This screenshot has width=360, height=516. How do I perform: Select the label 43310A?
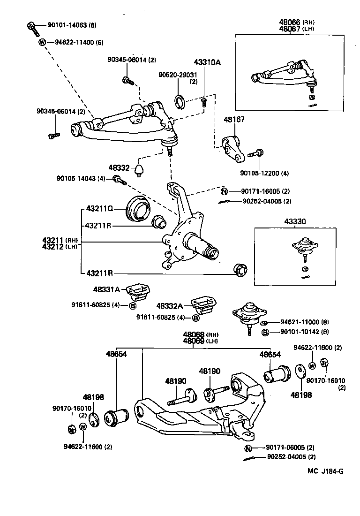click(207, 62)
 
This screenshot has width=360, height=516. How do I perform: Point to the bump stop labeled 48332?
click(139, 169)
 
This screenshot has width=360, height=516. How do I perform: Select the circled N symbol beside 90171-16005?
click(224, 191)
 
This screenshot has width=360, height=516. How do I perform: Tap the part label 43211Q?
click(99, 208)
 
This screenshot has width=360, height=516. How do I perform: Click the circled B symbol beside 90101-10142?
click(265, 332)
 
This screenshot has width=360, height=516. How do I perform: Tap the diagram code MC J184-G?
click(325, 471)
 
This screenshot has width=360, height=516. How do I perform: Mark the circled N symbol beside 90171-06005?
click(248, 448)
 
